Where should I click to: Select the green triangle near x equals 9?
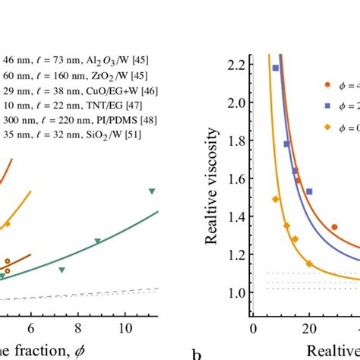pos(98,242)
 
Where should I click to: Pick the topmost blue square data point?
pos(276,68)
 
